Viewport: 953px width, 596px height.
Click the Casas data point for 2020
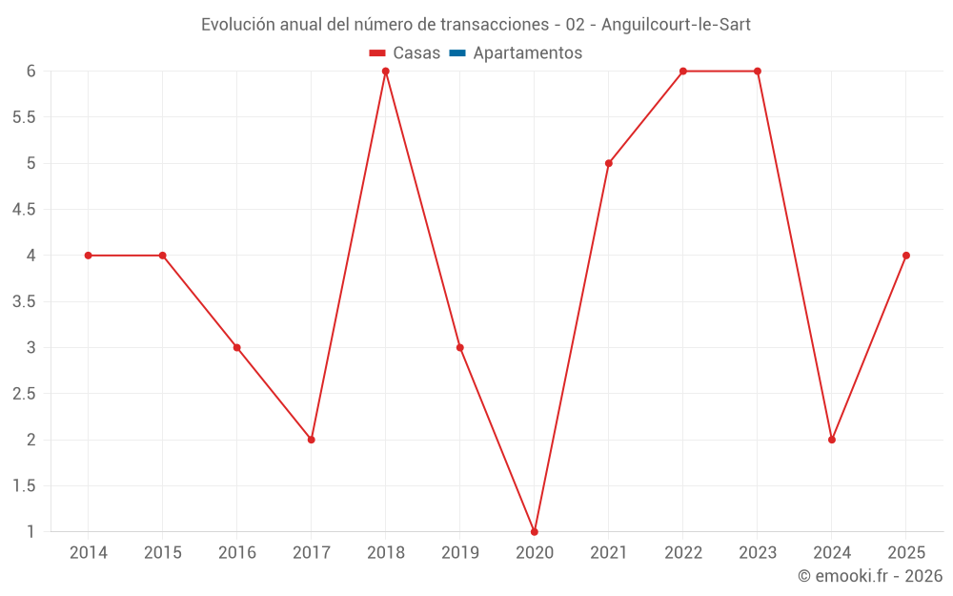[535, 532]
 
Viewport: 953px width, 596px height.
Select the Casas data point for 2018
[386, 72]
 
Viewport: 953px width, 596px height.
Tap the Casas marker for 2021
[609, 163]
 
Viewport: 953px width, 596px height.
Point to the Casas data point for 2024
[832, 440]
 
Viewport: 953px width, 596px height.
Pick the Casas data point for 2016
[237, 348]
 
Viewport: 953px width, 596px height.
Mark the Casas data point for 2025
[906, 256]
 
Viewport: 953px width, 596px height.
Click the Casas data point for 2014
[89, 256]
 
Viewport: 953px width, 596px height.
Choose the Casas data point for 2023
[758, 72]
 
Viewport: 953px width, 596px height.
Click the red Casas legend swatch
[377, 53]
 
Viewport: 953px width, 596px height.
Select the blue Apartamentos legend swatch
[457, 53]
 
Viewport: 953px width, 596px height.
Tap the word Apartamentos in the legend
[527, 53]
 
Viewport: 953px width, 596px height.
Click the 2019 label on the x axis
[460, 553]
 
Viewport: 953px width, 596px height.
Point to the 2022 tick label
[683, 553]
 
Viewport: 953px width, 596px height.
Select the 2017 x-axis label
[312, 553]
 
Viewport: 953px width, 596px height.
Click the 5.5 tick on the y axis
[24, 117]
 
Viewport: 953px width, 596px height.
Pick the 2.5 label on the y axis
[24, 394]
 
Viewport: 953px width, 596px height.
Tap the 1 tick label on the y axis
[30, 532]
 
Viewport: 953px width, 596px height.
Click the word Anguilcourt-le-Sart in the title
[676, 25]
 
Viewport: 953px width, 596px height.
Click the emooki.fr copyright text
[870, 576]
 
